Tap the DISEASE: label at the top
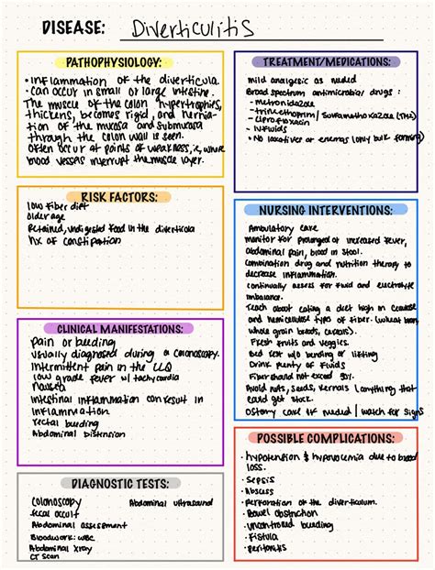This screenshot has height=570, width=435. point(71,28)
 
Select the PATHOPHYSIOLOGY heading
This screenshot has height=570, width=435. point(119,62)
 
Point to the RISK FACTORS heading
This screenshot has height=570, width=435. point(119,196)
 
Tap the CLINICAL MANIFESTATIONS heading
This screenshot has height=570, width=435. point(119,328)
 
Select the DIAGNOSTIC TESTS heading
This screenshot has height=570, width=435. point(119,483)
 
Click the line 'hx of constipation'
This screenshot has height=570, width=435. point(72,240)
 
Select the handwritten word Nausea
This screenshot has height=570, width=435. point(48,387)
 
